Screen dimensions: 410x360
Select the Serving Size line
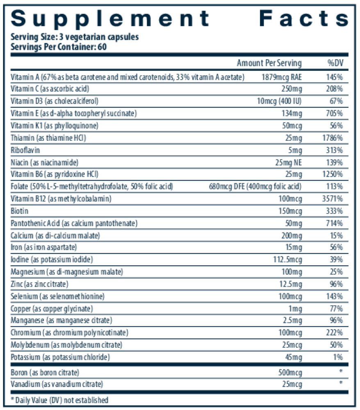pos(75,37)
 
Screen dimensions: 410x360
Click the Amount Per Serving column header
pos(269,63)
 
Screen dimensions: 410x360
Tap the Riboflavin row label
pos(26,150)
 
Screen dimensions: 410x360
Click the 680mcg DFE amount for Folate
pos(255,187)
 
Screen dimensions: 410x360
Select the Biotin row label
pos(20,212)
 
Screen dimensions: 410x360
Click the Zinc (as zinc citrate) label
pos(39,284)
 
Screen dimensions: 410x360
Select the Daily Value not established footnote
pos(59,400)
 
